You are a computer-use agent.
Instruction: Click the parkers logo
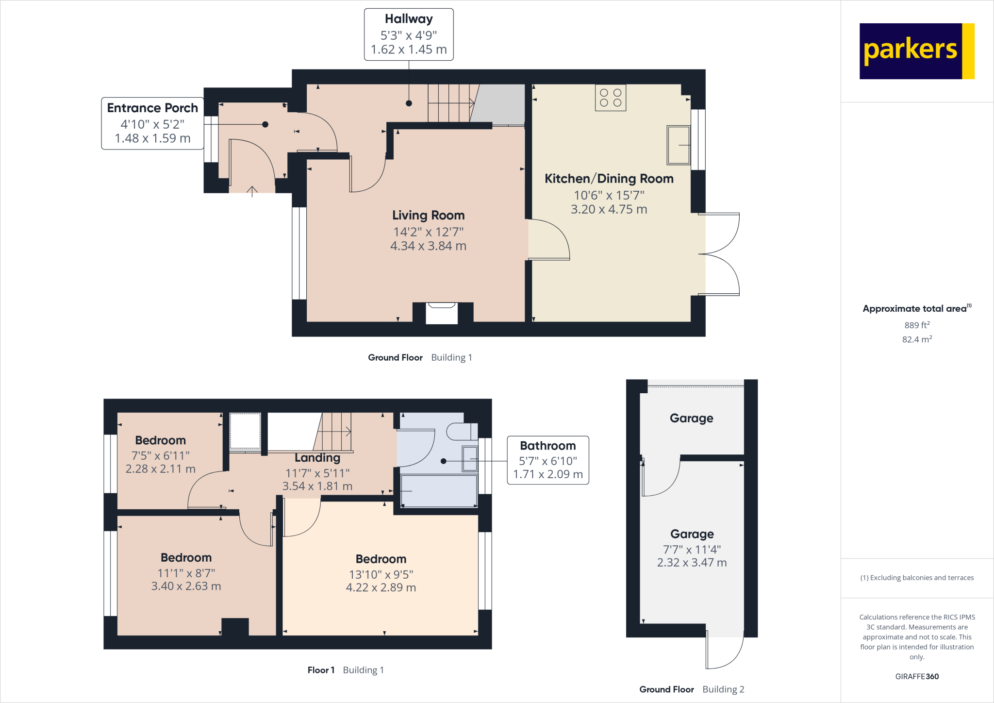click(x=916, y=51)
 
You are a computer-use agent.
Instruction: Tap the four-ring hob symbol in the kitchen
click(x=610, y=98)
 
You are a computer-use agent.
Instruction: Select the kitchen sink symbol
click(x=678, y=145)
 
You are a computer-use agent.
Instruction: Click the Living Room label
click(x=428, y=215)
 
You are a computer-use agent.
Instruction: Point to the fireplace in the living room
click(x=441, y=313)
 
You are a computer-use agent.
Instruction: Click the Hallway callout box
click(x=409, y=34)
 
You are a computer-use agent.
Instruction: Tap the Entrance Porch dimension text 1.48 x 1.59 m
click(x=152, y=138)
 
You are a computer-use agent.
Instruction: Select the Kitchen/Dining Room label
click(x=609, y=179)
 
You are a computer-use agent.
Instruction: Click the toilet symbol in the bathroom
click(x=461, y=431)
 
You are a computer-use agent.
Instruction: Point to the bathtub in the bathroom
click(x=438, y=491)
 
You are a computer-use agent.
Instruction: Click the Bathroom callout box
click(x=547, y=460)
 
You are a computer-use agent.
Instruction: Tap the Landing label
click(x=317, y=458)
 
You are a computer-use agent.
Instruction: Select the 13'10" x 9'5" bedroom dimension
click(x=381, y=574)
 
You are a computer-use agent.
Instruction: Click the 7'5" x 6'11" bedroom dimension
click(x=160, y=455)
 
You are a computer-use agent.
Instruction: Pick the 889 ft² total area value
click(x=916, y=325)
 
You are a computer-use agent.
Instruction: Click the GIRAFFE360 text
click(x=916, y=676)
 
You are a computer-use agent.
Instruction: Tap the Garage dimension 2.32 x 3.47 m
click(x=692, y=563)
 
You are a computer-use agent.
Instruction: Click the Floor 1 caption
click(x=321, y=670)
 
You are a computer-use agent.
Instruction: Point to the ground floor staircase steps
click(x=449, y=103)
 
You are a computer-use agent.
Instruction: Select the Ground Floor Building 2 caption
click(x=691, y=689)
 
